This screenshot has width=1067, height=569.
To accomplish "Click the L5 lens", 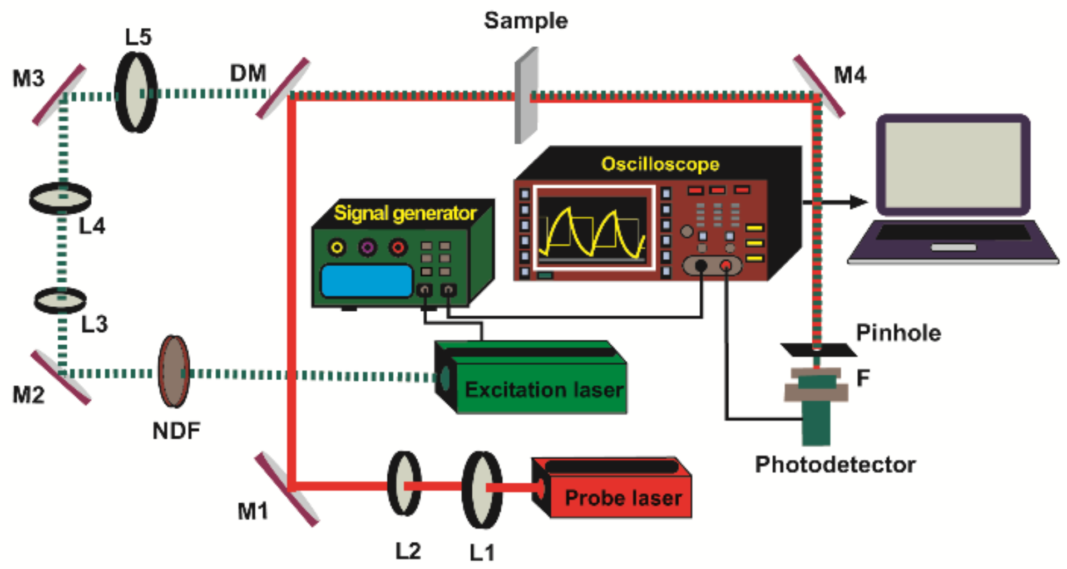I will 135,92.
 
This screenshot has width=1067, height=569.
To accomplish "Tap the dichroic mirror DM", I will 283,88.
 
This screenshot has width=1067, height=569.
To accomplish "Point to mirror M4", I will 818,86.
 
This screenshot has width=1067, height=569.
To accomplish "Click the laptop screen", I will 952,165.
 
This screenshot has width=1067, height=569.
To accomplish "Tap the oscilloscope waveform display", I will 593,229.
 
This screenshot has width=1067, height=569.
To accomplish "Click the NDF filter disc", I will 174,371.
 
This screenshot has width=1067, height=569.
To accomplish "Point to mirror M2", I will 60,377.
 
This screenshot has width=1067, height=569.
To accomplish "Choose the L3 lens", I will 60,301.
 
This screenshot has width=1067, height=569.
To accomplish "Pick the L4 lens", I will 60,198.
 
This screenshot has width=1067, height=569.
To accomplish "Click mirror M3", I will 59,95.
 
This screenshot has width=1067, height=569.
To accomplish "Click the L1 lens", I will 482,489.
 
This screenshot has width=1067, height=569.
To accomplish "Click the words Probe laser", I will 623,498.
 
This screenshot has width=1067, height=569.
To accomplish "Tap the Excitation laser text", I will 544,390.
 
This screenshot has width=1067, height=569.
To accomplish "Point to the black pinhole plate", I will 818,350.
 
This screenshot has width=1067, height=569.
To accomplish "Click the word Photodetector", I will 834,464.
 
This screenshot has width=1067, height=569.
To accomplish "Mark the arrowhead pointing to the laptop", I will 859,202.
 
